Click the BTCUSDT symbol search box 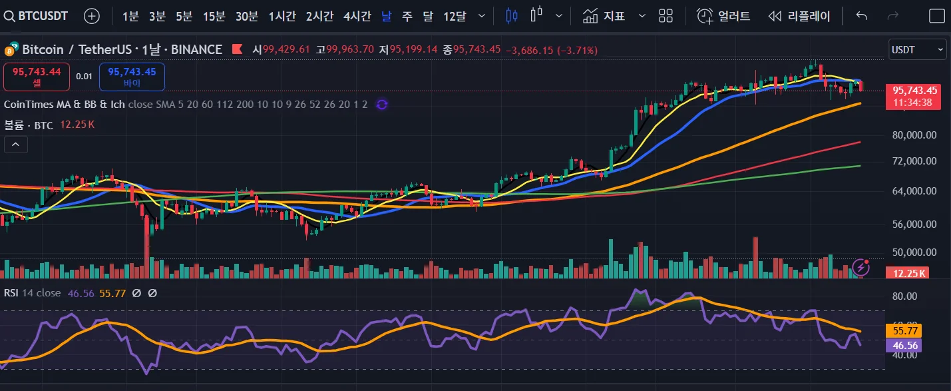pos(37,16)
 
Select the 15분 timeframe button pos(214,16)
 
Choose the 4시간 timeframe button pos(357,16)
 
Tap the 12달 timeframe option pos(455,16)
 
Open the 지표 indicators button pos(604,16)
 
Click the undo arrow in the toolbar pos(862,16)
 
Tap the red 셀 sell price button pos(37,77)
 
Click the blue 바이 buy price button pos(132,77)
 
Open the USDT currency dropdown pos(917,49)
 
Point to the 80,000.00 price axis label pos(914,135)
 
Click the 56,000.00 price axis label pos(914,224)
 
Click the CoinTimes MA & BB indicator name pos(64,105)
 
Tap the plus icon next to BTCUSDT pos(92,16)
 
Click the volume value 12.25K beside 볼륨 pos(77,125)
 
